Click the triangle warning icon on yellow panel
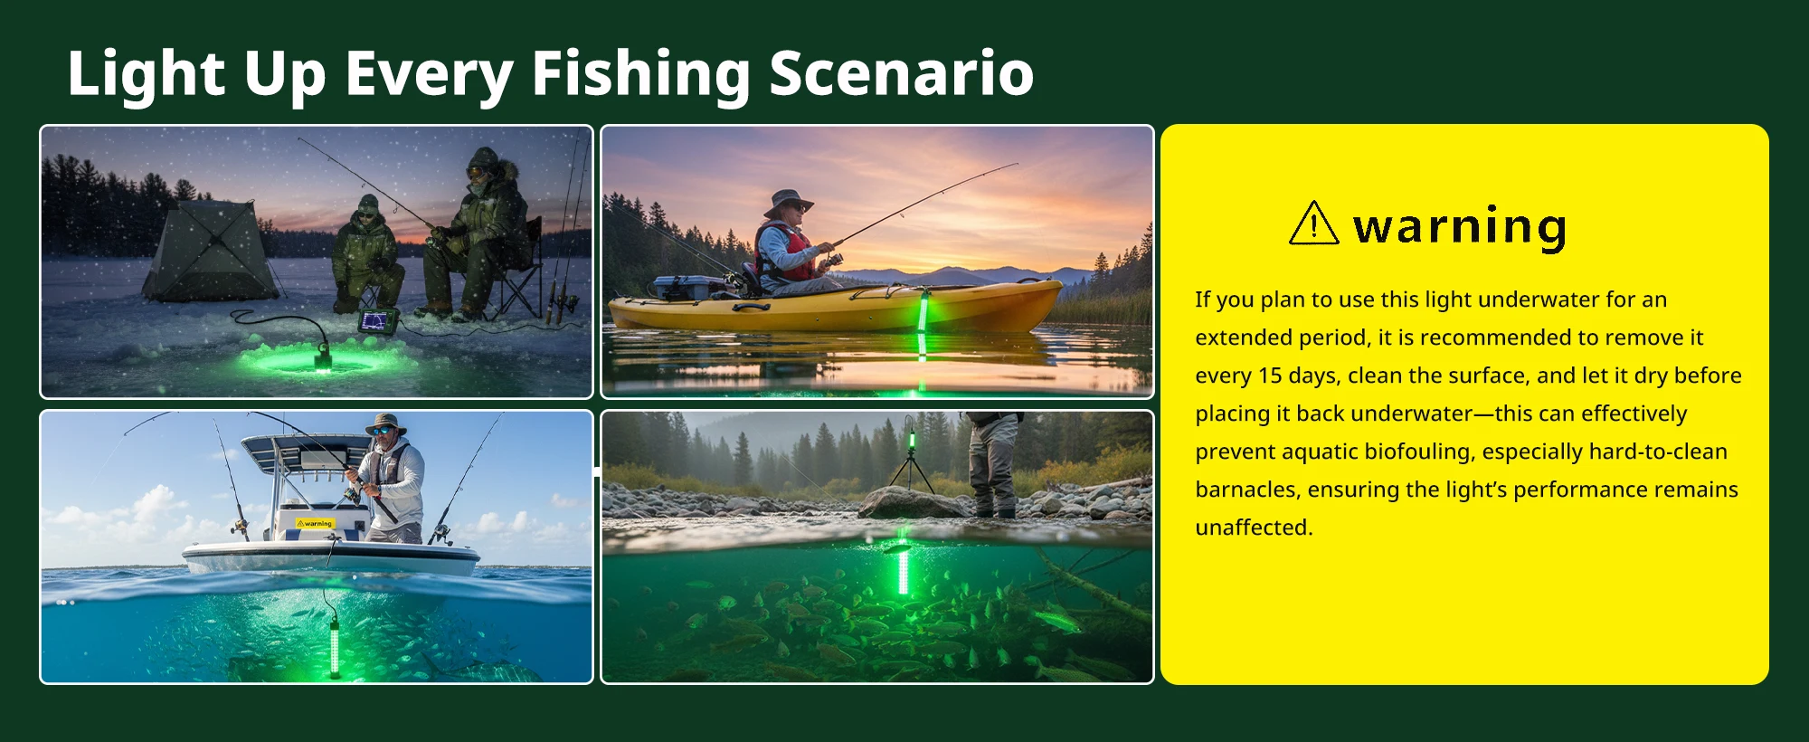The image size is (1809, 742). click(1313, 223)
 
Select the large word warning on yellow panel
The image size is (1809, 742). click(1460, 226)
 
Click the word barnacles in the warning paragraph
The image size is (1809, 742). click(1246, 490)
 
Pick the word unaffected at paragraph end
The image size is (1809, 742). click(1254, 528)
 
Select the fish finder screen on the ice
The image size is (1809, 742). click(377, 320)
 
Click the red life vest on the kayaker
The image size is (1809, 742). click(786, 252)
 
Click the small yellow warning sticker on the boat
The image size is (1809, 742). click(316, 523)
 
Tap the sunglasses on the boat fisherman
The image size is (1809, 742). click(383, 429)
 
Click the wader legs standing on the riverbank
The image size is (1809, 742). click(993, 465)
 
